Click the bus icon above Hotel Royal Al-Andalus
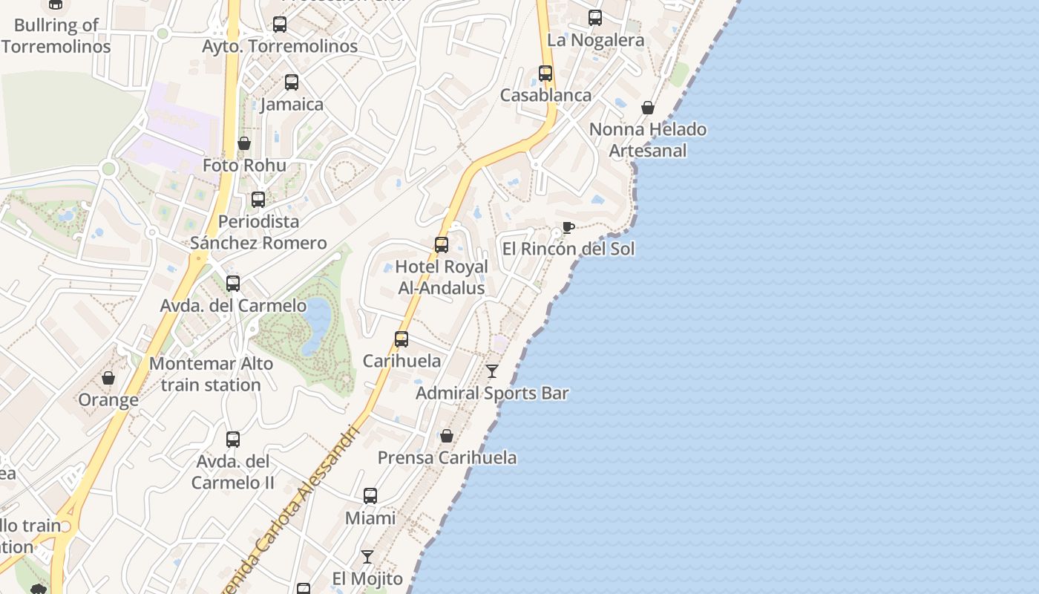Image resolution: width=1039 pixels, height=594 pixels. (442, 244)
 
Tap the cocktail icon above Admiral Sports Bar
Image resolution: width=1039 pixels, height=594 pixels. (491, 371)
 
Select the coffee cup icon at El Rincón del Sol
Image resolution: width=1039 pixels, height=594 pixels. (568, 227)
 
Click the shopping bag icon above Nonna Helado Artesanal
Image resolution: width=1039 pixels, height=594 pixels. (648, 108)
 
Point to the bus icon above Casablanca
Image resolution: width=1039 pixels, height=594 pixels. (545, 74)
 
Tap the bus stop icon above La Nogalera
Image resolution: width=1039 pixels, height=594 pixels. (595, 18)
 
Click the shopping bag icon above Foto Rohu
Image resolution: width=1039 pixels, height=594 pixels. (244, 143)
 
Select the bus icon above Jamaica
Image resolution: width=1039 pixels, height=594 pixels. (292, 82)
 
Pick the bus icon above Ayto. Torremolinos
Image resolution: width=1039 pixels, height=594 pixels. (280, 25)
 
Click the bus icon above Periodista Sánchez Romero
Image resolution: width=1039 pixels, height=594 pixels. (258, 200)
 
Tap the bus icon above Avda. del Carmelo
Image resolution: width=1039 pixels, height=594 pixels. (233, 284)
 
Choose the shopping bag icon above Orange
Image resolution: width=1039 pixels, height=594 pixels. (108, 378)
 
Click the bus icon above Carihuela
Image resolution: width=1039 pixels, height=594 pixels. (401, 339)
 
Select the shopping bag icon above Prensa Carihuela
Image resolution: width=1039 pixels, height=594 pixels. (447, 436)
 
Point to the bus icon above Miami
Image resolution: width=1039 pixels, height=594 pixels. (370, 496)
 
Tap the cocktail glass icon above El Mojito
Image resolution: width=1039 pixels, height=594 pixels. (367, 556)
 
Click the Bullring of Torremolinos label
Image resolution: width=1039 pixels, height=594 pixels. (56, 36)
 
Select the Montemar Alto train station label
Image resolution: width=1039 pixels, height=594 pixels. (211, 374)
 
